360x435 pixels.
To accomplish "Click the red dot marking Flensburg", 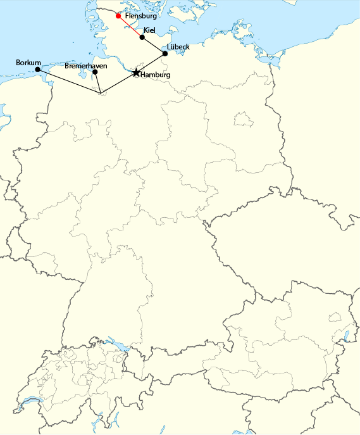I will (x=118, y=15).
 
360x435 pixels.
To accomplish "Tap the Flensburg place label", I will (x=141, y=16).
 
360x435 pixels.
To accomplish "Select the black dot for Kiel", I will (x=142, y=37).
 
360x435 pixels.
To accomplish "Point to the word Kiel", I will (x=150, y=30).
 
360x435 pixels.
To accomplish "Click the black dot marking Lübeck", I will (x=165, y=54).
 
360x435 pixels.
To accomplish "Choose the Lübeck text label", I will (x=178, y=47).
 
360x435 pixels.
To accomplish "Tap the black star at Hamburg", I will (x=136, y=73).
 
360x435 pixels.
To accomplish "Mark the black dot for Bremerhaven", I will (x=95, y=72).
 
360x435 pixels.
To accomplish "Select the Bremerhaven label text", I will (x=86, y=65).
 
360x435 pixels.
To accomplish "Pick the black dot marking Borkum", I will (x=38, y=70).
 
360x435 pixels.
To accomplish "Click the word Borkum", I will (x=28, y=63).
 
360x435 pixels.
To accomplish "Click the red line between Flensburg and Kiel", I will (x=130, y=26).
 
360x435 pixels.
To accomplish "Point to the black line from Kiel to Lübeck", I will (x=154, y=46).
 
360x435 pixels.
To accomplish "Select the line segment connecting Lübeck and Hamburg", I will (x=151, y=63).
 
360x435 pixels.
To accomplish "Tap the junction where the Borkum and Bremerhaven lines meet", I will (x=101, y=94).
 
